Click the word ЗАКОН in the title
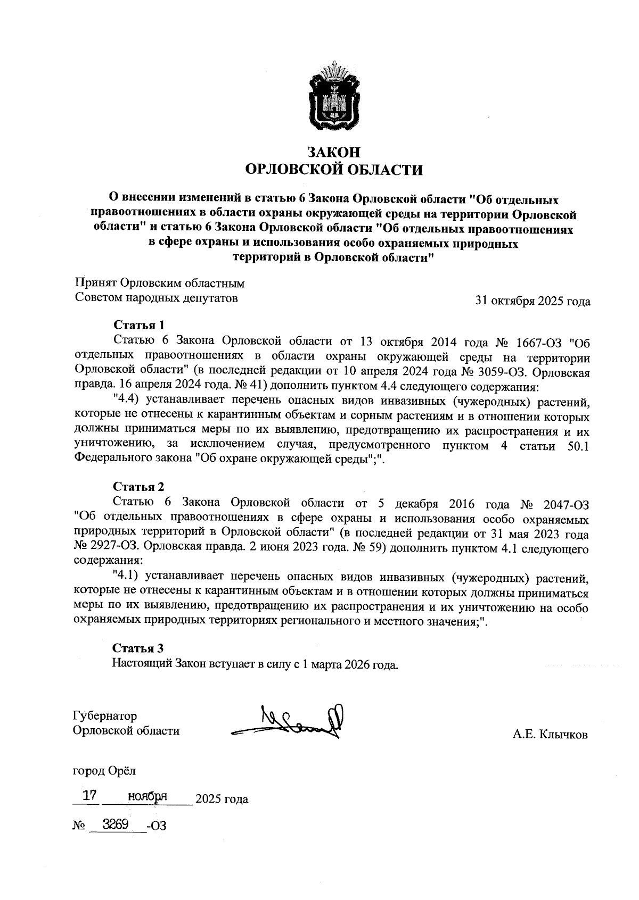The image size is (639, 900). click(334, 152)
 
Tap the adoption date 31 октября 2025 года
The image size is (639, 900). click(532, 301)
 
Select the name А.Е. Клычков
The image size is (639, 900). click(550, 735)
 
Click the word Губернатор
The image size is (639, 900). click(105, 715)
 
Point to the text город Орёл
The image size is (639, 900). click(104, 770)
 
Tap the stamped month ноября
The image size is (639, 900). click(148, 796)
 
